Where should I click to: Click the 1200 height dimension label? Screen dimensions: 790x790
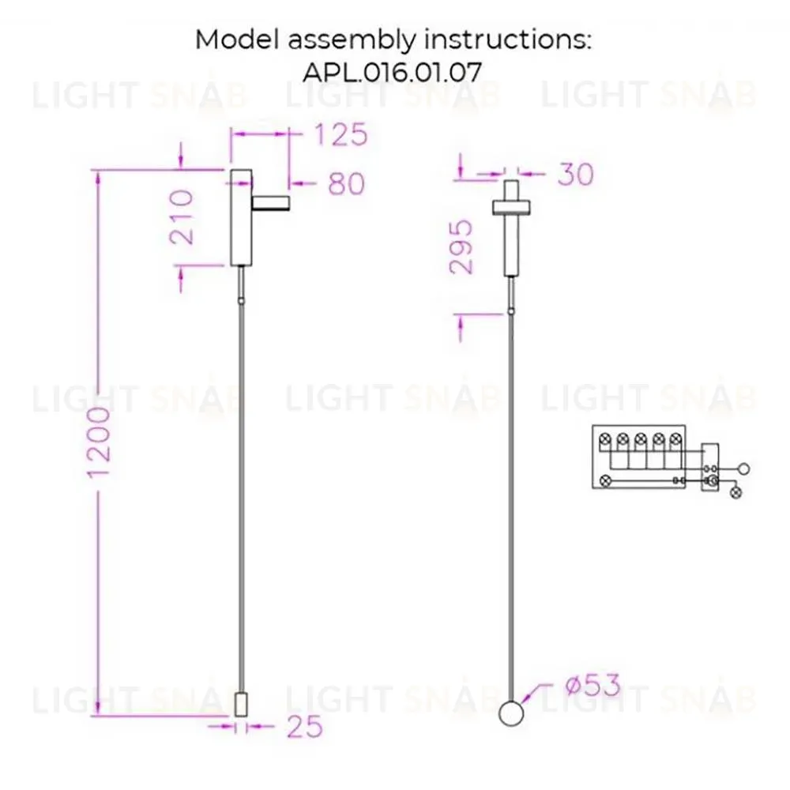[99, 442]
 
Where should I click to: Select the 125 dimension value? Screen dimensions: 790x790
[341, 135]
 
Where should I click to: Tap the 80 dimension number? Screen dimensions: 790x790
[346, 183]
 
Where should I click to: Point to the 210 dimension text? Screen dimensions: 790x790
[182, 217]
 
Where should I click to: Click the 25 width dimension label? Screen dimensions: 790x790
[305, 727]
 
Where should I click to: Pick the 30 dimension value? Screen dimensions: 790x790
[576, 175]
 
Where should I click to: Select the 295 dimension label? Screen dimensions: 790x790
[461, 246]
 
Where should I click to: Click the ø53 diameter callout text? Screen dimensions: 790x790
[593, 685]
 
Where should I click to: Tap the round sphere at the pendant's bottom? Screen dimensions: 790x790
[511, 714]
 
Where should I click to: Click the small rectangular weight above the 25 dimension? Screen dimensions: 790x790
[241, 704]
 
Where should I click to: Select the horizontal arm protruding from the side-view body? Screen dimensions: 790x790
[271, 204]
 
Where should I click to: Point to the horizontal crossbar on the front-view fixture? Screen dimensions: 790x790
[511, 207]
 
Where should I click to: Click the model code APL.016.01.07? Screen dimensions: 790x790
[392, 73]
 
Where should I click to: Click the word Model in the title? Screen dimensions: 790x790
[236, 39]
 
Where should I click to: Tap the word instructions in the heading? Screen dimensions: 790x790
[507, 39]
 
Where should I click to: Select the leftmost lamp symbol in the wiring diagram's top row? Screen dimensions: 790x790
[605, 439]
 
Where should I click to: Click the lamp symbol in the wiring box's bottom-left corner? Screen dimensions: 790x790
[606, 480]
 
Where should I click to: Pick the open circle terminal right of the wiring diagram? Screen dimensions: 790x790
[743, 469]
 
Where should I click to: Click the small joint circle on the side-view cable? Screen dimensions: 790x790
[241, 300]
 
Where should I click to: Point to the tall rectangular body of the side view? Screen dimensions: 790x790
[241, 217]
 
